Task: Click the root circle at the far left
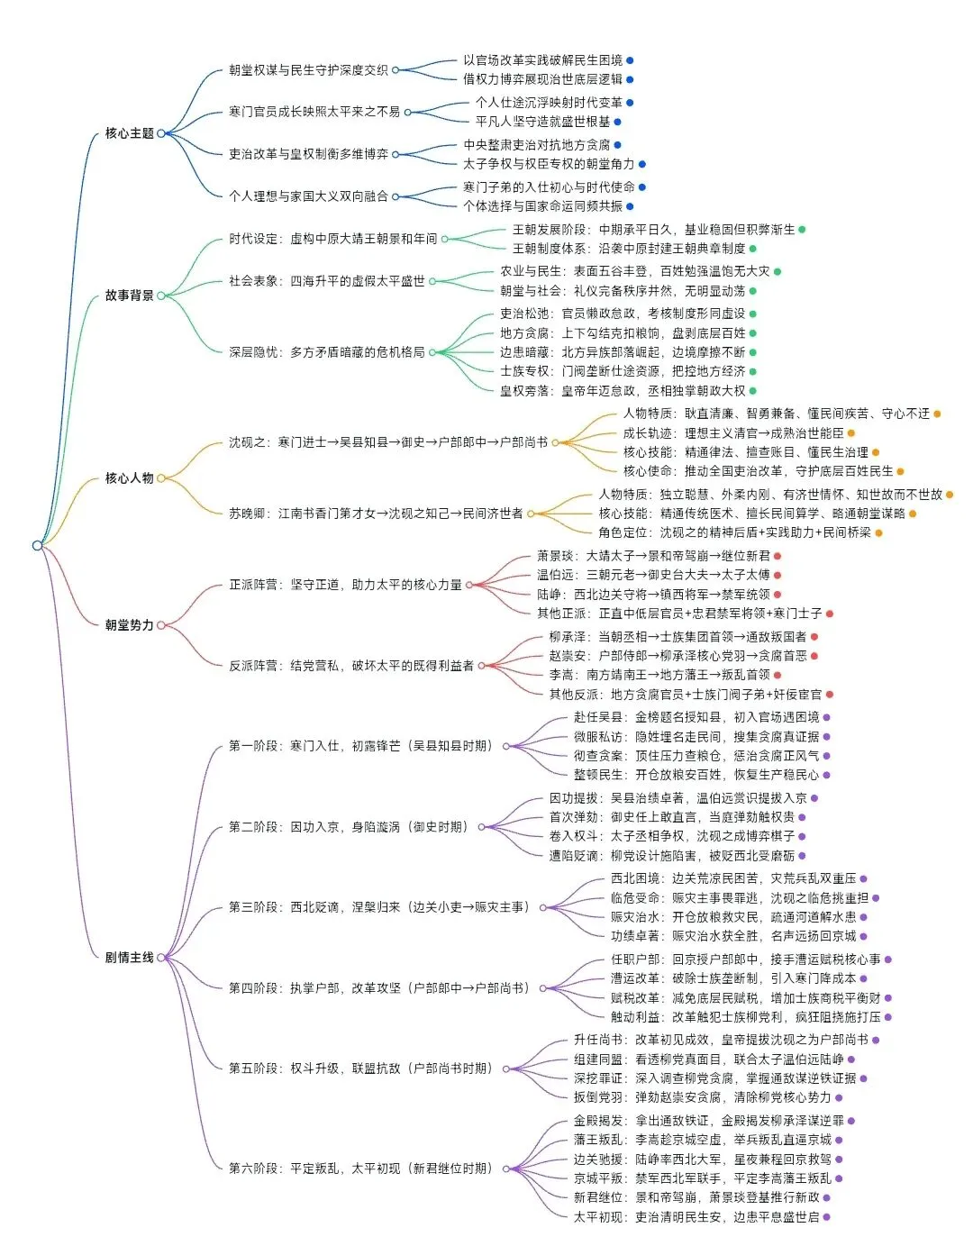[37, 545]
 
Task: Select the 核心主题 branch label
[129, 133]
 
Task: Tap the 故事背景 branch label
[129, 296]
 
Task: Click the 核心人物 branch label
[129, 478]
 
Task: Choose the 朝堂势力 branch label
[129, 624]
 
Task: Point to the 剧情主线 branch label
[129, 957]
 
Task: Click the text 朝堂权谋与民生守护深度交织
[308, 69]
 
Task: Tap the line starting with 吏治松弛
[623, 314]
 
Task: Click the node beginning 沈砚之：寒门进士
[387, 442]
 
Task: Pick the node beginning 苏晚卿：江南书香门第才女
[376, 514]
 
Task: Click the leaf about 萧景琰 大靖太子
[653, 556]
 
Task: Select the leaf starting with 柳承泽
[670, 637]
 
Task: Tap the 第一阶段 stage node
[360, 746]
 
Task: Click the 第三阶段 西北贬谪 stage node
[378, 907]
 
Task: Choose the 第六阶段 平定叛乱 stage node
[360, 1169]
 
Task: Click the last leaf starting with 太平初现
[696, 1217]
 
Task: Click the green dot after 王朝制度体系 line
[753, 249]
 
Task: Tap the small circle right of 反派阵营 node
[481, 666]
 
